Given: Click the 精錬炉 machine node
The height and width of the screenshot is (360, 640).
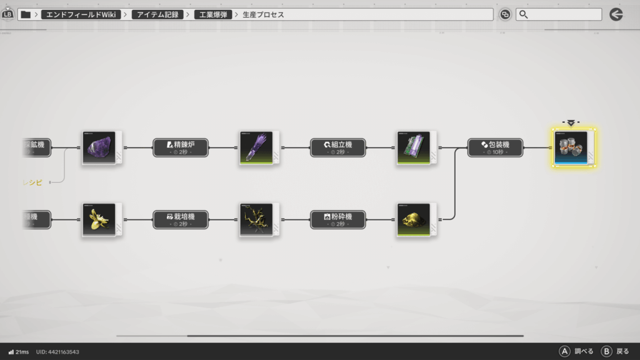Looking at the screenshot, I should tap(181, 147).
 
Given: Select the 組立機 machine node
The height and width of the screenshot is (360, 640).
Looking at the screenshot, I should tap(338, 147).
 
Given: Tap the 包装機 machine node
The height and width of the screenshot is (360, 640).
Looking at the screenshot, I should tap(495, 147).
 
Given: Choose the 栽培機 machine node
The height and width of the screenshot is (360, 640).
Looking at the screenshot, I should tap(181, 219).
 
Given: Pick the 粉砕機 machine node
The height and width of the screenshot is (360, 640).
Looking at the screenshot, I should tap(338, 219).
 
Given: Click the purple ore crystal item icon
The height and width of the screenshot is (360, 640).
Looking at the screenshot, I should tap(99, 148).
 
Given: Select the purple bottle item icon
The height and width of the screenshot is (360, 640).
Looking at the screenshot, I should tap(256, 148).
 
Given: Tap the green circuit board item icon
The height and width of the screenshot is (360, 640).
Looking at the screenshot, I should tap(414, 148).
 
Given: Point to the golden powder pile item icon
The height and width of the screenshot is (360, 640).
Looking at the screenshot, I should tap(414, 220).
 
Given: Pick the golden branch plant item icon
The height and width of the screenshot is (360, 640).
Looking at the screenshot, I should tap(256, 220).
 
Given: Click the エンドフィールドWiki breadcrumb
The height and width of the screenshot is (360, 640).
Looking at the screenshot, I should tap(81, 14).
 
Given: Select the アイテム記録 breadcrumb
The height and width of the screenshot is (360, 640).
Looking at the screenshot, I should tap(157, 14).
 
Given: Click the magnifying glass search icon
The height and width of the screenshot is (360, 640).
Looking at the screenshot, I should tap(524, 14).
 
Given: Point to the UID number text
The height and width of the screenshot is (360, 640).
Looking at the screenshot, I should tap(57, 352).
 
